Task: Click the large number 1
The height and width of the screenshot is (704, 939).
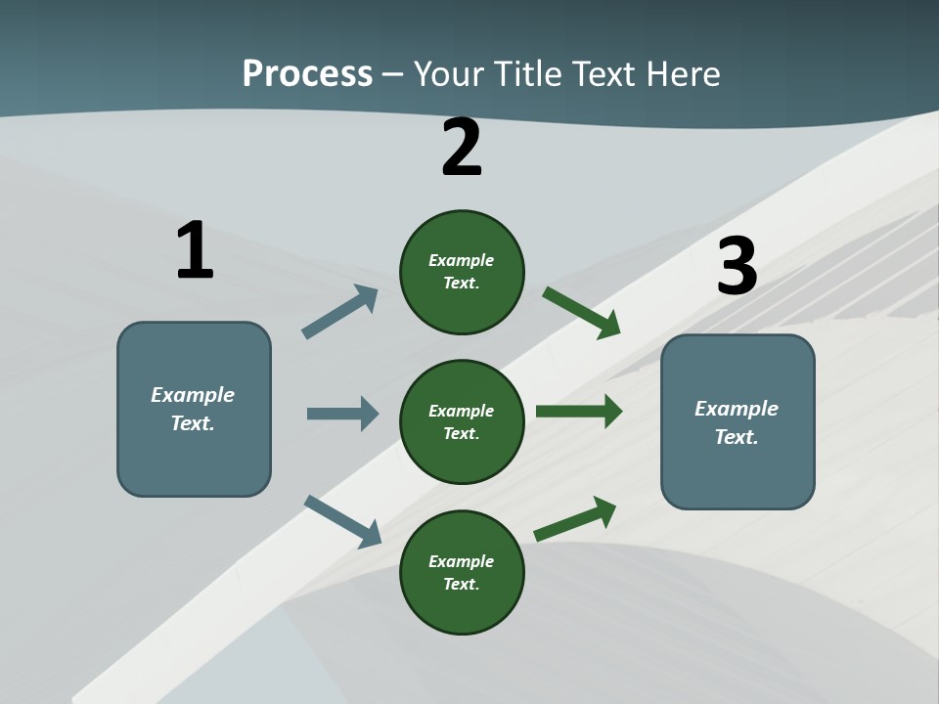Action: (x=195, y=250)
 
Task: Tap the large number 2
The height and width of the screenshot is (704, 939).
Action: (x=462, y=148)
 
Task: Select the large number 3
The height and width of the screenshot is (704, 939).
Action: (x=738, y=266)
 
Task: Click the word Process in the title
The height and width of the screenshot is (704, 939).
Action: (x=307, y=73)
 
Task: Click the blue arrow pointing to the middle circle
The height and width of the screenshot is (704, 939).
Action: (x=342, y=414)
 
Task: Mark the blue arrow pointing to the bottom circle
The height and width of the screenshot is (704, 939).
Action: (x=342, y=521)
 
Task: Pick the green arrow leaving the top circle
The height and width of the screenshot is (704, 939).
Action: (x=581, y=313)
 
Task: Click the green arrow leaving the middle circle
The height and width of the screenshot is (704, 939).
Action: (x=579, y=412)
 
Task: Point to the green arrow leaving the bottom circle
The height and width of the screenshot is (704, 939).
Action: (x=575, y=518)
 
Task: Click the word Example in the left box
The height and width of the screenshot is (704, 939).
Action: (x=193, y=395)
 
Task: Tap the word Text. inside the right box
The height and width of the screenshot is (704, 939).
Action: (x=737, y=437)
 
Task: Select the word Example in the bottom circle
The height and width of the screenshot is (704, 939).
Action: (x=461, y=561)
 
